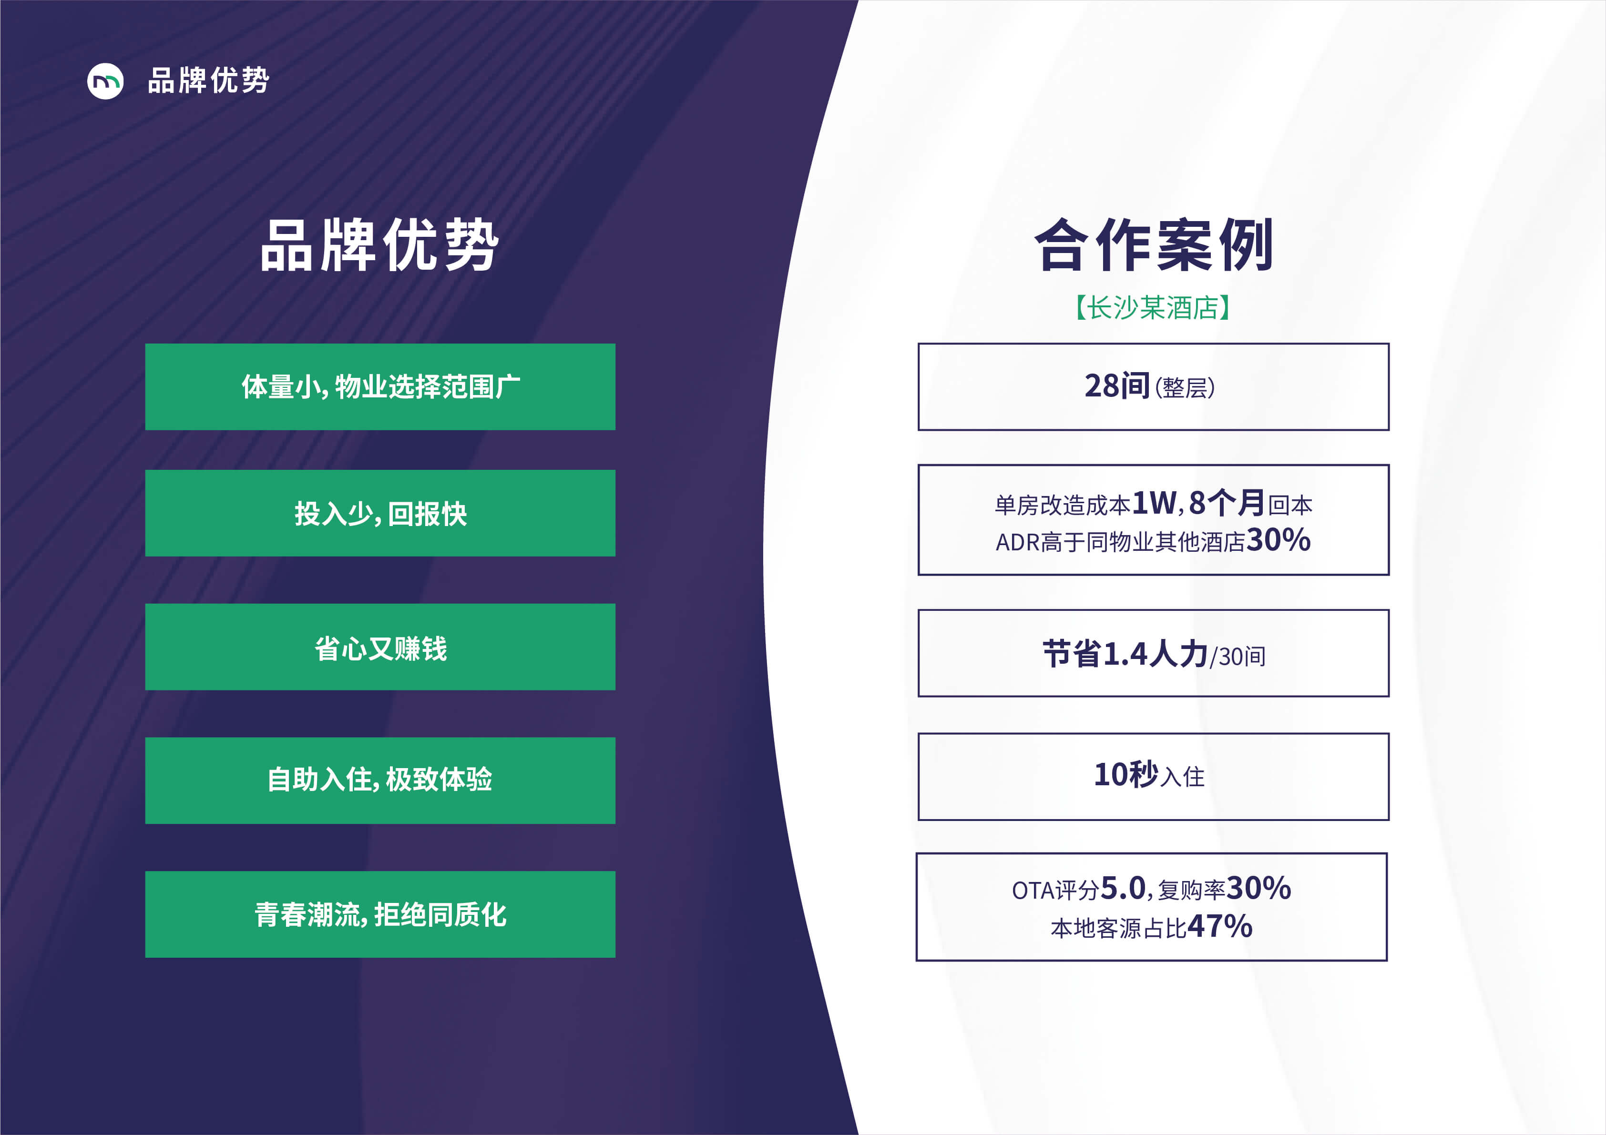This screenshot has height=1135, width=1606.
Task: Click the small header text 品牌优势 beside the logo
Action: (x=208, y=81)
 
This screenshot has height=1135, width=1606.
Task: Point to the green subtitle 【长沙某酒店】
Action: (x=1154, y=307)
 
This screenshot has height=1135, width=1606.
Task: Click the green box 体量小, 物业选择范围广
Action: (x=380, y=387)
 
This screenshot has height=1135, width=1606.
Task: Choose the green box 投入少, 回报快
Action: (x=380, y=513)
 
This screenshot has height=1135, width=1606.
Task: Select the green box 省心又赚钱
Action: (x=380, y=647)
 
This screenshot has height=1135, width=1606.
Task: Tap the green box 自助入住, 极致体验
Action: (x=380, y=780)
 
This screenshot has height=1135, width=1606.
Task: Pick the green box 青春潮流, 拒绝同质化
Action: (x=380, y=914)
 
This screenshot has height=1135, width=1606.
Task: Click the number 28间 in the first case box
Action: (x=1117, y=386)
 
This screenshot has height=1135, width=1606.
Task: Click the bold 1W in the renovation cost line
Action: (x=1154, y=503)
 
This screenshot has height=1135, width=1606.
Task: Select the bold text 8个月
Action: (x=1226, y=503)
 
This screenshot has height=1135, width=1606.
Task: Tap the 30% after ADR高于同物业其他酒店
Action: (x=1278, y=540)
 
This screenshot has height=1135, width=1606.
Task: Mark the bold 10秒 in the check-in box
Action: (x=1126, y=775)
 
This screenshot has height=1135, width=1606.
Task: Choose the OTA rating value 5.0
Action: (x=1123, y=889)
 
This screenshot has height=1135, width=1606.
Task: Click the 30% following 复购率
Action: (x=1258, y=889)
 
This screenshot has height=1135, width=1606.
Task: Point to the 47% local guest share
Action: (x=1220, y=927)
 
